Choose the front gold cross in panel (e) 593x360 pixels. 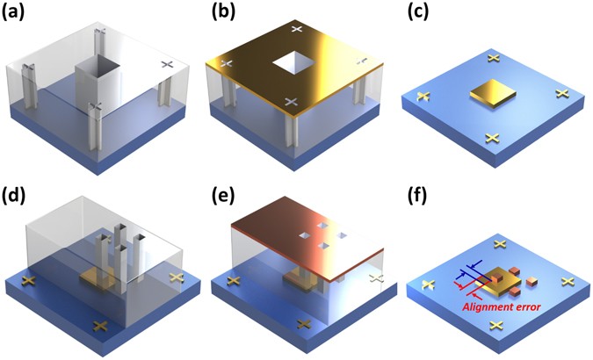pyautogui.click(x=304, y=326)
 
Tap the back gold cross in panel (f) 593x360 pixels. pyautogui.click(x=499, y=244)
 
